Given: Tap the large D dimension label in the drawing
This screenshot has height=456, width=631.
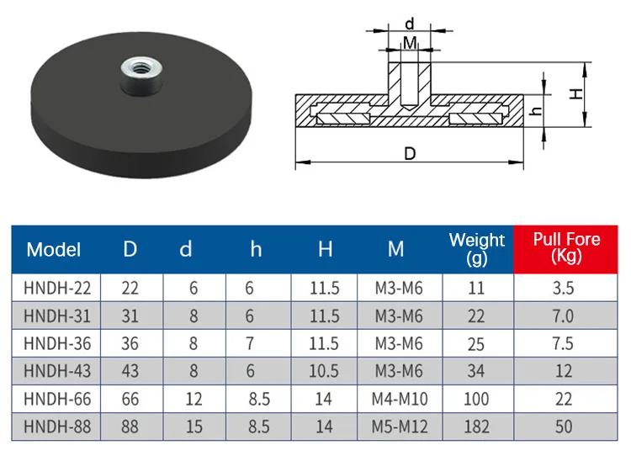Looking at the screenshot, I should [x=410, y=154].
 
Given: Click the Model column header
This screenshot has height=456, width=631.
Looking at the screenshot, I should [x=54, y=249].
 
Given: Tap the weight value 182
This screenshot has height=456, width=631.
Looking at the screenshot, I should [x=476, y=427].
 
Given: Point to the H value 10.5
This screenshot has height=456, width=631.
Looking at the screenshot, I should [x=324, y=371].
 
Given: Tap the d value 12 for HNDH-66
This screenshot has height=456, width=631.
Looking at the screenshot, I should [x=194, y=399].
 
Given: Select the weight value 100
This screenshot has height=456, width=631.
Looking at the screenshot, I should [x=476, y=399].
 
